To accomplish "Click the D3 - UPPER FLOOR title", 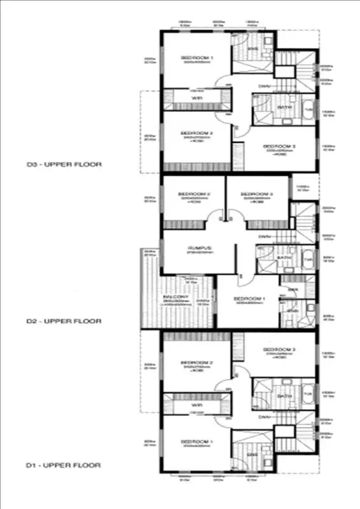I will tap(64, 164).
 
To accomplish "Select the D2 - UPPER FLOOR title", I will tap(64, 321).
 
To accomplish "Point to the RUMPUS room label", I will tap(199, 248).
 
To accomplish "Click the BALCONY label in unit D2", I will tap(174, 297).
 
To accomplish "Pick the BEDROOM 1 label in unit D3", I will tap(198, 58).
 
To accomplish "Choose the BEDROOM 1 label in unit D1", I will tap(196, 442).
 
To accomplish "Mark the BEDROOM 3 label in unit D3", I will tap(280, 146).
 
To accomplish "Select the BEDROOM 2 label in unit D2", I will tap(194, 193).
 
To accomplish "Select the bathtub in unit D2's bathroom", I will tap(308, 260).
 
